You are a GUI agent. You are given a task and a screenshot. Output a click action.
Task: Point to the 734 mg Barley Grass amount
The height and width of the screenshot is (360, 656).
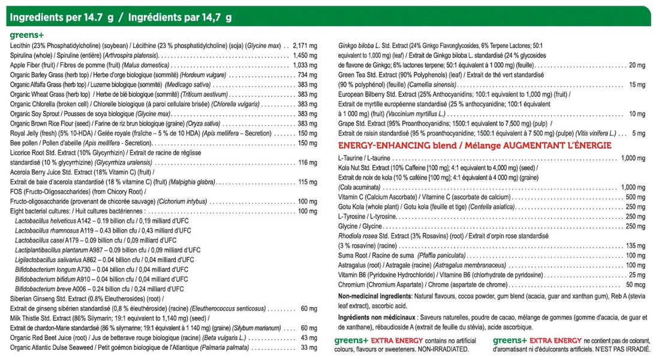pyautogui.click(x=308, y=75)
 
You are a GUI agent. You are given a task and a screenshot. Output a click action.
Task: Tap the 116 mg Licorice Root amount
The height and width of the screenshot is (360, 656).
pyautogui.click(x=308, y=163)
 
